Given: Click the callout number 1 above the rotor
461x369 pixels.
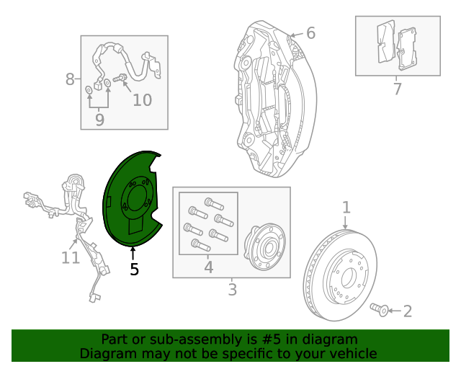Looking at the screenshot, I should [x=346, y=208].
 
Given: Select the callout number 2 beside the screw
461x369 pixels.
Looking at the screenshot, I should [x=407, y=311].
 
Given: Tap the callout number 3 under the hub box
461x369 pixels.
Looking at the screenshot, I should [x=232, y=290].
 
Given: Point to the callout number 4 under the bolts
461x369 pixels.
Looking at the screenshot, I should [x=208, y=267].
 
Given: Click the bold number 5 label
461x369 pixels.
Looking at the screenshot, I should [x=134, y=270].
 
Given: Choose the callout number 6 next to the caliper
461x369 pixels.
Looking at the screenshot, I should [x=310, y=33].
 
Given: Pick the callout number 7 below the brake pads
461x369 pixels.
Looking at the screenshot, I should [x=397, y=89].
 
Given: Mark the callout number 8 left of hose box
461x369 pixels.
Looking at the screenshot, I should [x=70, y=79].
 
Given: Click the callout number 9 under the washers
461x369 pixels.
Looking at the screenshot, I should [x=99, y=120].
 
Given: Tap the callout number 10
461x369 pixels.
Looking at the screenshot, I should [x=142, y=100].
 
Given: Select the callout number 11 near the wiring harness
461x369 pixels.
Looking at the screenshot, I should [x=70, y=257].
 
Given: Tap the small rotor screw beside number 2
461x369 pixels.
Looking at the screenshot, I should [x=379, y=309].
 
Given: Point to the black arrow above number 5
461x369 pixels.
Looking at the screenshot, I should [x=133, y=253].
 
